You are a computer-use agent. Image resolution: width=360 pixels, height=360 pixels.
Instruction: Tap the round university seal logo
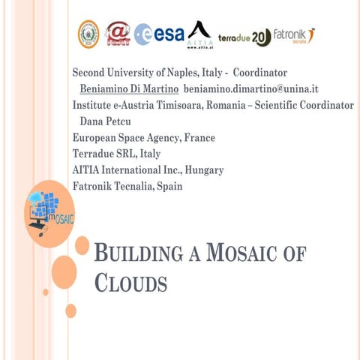tap(88, 34)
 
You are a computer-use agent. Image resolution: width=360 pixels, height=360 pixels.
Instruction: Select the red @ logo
tap(118, 34)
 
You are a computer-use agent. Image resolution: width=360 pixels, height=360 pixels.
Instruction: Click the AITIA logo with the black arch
tap(199, 34)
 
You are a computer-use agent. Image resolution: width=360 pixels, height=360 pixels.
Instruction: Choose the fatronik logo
tap(294, 35)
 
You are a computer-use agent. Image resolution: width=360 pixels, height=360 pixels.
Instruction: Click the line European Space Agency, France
tap(143, 138)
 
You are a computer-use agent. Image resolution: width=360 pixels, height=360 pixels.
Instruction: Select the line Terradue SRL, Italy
tap(116, 154)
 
